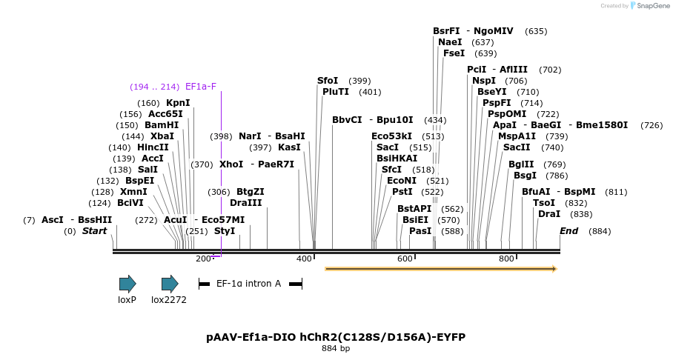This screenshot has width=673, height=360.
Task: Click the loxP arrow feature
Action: point(127,284)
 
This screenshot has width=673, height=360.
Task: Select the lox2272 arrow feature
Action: point(170,284)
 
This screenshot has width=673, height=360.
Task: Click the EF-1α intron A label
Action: point(248,284)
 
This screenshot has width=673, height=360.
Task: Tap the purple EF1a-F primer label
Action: point(201,87)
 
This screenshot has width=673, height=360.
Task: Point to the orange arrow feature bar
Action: point(440,268)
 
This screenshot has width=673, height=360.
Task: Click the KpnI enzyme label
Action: point(178,103)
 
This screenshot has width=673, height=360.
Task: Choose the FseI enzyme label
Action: point(454,53)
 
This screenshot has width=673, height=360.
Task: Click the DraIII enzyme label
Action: point(245,202)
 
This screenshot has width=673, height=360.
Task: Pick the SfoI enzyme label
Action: point(328,81)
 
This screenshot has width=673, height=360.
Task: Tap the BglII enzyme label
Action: point(521,164)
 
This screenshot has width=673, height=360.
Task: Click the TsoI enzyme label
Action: point(544,203)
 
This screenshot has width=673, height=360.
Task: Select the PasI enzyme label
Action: point(420,231)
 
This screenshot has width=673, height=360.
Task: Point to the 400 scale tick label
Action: point(304,259)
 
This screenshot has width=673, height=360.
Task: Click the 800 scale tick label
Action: point(506,259)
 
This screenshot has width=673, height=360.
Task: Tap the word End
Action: point(568,231)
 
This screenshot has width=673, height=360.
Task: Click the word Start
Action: point(95,231)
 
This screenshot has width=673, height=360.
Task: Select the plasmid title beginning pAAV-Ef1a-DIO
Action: point(336,337)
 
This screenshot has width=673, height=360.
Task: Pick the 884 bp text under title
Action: point(336,348)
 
